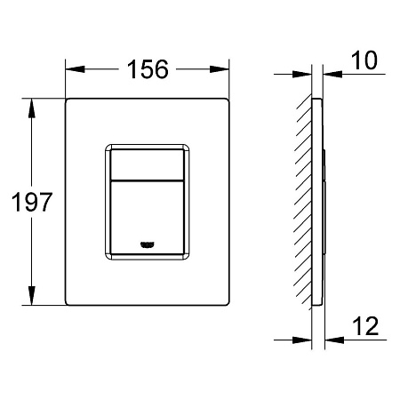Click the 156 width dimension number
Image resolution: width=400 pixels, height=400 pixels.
pos(148,69)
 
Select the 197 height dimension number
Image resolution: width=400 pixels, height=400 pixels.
pos(32,203)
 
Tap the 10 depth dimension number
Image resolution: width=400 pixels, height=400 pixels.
pos(364,60)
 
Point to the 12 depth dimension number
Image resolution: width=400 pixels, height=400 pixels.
pos(365,326)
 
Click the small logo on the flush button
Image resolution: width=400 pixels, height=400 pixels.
pos(148,244)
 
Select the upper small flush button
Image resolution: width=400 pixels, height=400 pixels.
pos(147,164)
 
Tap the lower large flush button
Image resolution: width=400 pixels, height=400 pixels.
pos(147,218)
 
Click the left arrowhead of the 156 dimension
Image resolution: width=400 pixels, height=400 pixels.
pos(75,69)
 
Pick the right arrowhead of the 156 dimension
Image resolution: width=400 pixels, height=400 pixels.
pos(220,69)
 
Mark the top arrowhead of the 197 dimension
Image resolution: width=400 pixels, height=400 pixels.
pos(32,108)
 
